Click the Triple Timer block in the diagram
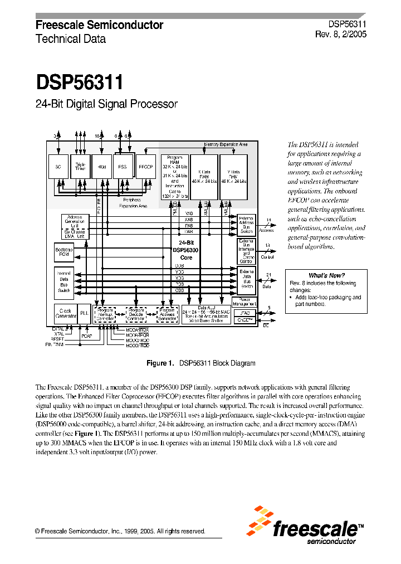81,166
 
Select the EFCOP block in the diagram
145,166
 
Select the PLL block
84,313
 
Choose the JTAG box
246,313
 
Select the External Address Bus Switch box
246,224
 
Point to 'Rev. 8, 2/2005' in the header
340,33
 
